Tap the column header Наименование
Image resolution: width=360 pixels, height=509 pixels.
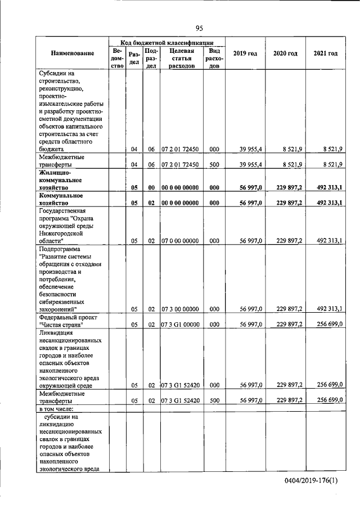click(72, 53)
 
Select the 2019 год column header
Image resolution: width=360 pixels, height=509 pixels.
click(245, 53)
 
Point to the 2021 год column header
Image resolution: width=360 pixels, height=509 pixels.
click(326, 53)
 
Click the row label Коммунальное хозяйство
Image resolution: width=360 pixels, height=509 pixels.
click(61, 198)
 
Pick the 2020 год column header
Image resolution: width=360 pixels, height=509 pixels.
click(285, 53)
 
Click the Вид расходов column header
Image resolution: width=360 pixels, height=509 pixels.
click(214, 58)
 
